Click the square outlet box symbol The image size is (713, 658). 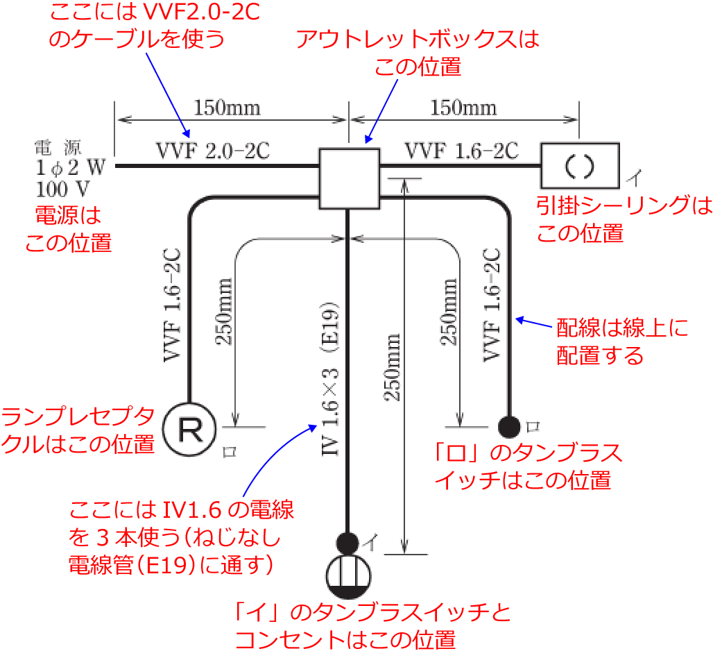[x=349, y=178]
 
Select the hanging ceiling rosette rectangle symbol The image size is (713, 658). [x=580, y=164]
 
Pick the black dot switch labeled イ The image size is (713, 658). [x=347, y=541]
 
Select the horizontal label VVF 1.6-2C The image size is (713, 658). [x=461, y=151]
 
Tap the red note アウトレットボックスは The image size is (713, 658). [x=417, y=40]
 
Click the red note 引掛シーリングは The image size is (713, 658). [x=615, y=205]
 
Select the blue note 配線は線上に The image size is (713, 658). [x=623, y=328]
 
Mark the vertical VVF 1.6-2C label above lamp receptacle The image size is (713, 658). [x=172, y=305]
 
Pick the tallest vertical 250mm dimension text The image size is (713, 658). [x=393, y=367]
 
